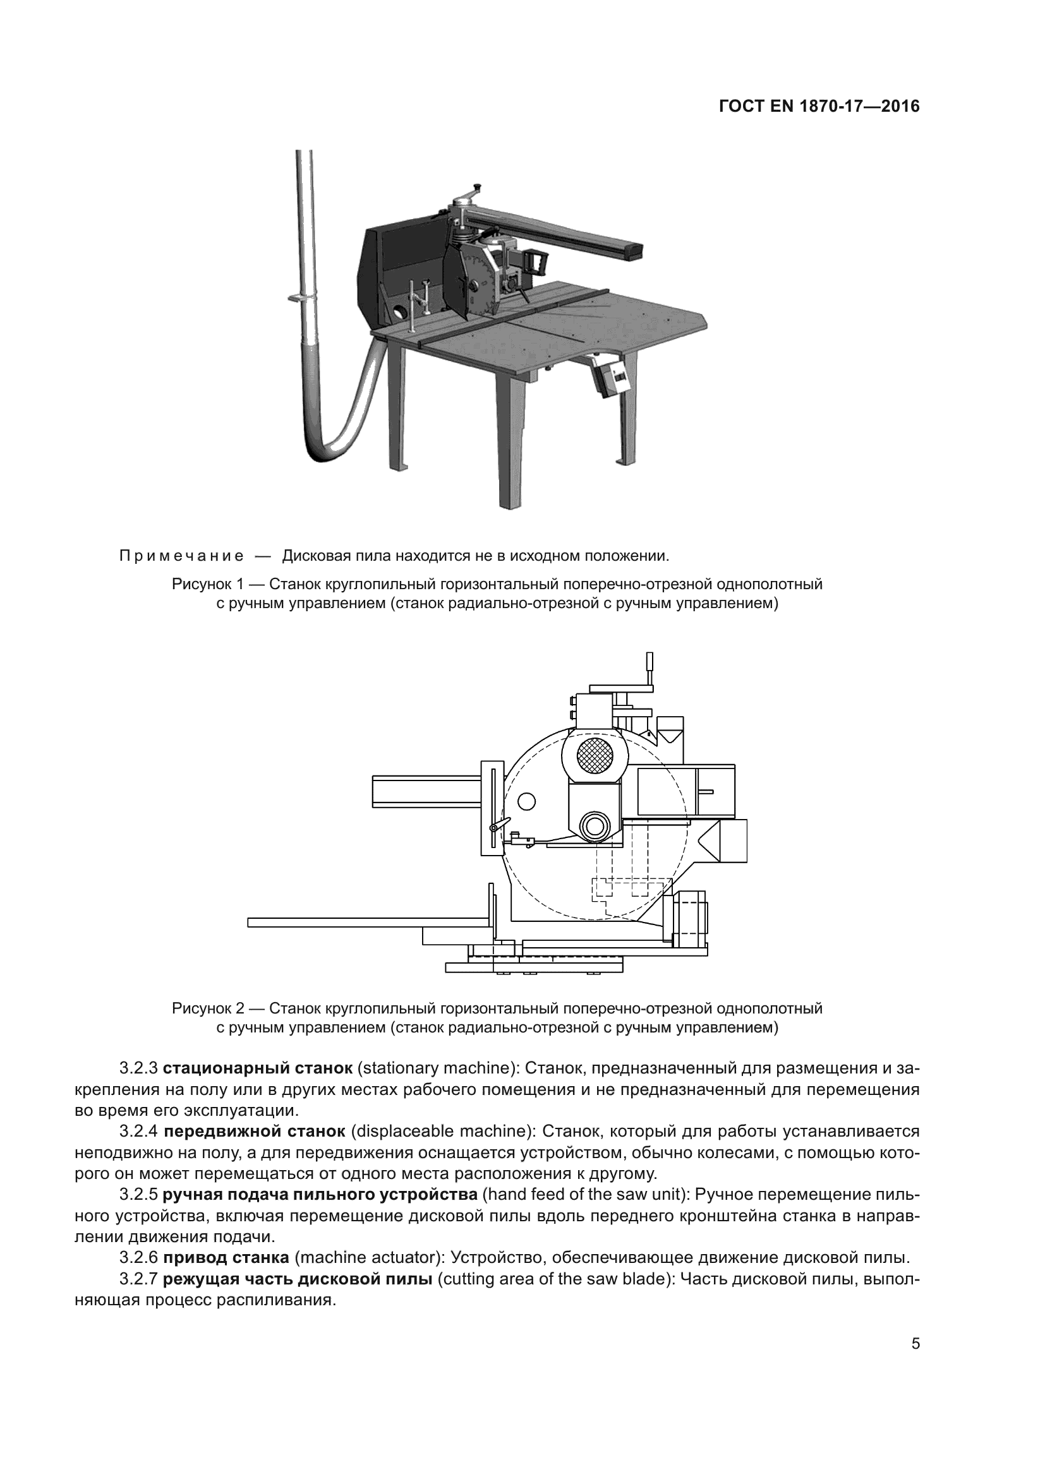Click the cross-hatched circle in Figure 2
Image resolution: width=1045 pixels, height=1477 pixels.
pyautogui.click(x=596, y=755)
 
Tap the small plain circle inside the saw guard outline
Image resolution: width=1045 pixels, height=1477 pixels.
pyautogui.click(x=526, y=801)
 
